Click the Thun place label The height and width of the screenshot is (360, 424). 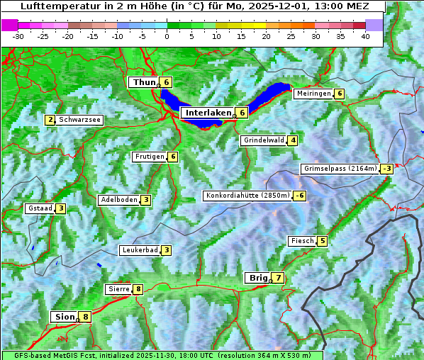coord(143,82)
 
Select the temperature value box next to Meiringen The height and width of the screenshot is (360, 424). coord(339,94)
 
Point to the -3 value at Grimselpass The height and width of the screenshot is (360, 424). coord(386,169)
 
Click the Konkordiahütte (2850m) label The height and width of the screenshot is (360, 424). coord(247,196)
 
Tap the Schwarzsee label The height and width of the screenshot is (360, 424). coord(80,120)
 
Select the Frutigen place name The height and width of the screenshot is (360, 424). coord(149,157)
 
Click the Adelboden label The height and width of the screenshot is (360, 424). coord(118,200)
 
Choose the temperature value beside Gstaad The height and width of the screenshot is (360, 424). coord(61,208)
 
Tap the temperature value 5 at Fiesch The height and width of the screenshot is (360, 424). coord(323,241)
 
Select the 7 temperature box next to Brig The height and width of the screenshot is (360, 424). coord(278,278)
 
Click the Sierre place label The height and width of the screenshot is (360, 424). coord(118,289)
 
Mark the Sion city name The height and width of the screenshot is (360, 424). coord(63,317)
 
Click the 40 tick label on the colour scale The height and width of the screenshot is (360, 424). coord(364,35)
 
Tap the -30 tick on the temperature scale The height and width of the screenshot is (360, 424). coord(18,35)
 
